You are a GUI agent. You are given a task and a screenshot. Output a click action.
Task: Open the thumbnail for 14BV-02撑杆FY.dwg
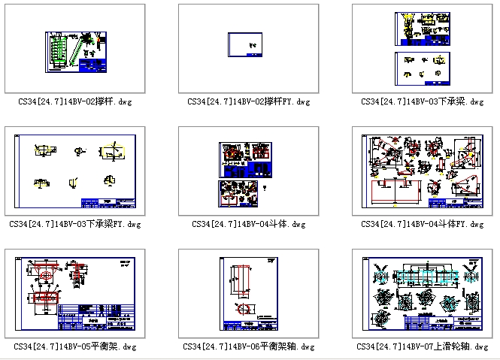(x=249, y=49)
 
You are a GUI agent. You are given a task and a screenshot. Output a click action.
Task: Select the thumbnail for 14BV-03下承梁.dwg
(x=422, y=49)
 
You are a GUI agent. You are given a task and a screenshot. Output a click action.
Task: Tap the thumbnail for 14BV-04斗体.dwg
(x=249, y=171)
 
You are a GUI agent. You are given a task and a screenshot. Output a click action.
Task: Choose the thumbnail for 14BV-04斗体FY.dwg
(x=422, y=171)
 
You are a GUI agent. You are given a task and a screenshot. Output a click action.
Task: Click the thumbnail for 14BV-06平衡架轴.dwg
(x=249, y=294)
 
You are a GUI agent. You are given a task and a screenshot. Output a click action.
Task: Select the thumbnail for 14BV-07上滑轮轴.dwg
(x=422, y=294)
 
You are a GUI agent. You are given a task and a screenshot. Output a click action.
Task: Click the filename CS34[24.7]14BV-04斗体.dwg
(x=249, y=224)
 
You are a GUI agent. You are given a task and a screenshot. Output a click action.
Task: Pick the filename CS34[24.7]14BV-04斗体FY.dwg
(x=422, y=224)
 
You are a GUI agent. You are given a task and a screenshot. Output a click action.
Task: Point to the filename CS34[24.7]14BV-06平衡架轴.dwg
(x=249, y=347)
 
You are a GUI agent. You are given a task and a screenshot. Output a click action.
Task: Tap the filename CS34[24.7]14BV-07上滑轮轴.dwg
(x=422, y=347)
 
